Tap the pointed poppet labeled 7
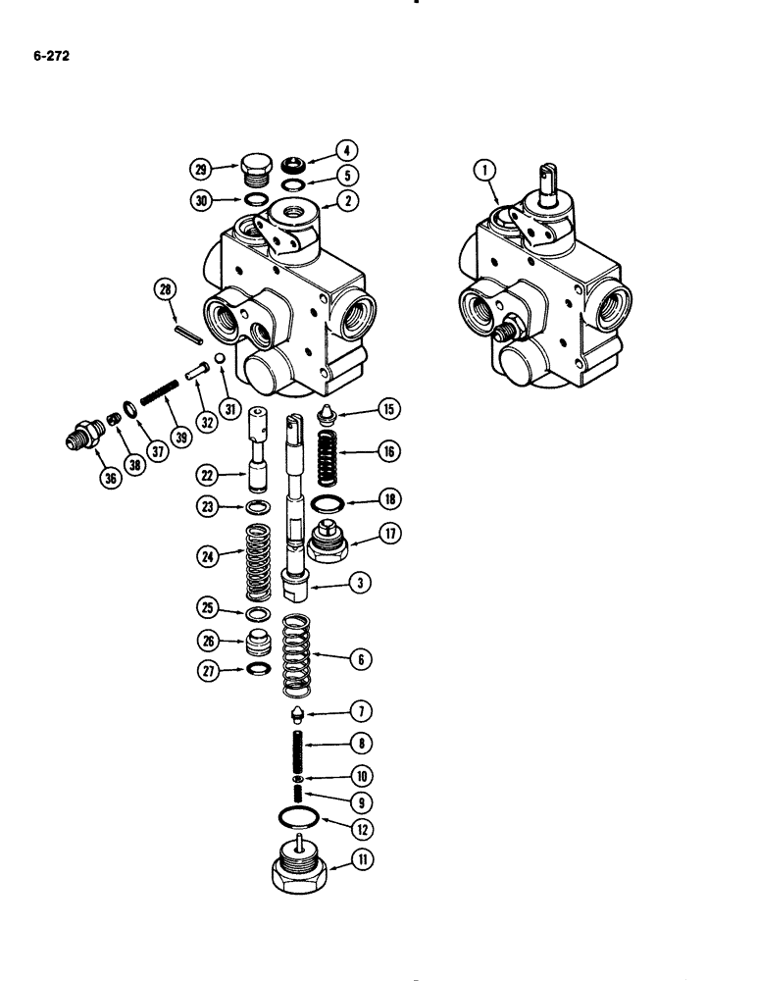coord(297,713)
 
